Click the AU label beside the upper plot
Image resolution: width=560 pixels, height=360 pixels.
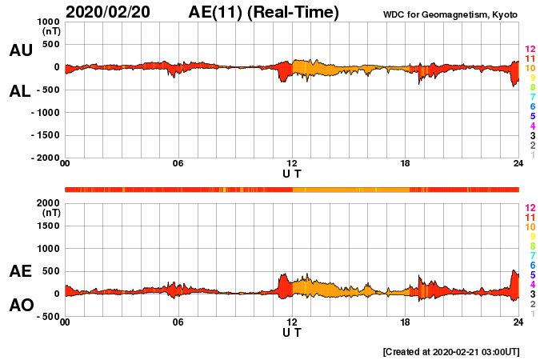(20, 50)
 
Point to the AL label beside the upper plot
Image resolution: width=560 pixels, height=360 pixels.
(20, 91)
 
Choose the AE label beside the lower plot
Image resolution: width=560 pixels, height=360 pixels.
(20, 271)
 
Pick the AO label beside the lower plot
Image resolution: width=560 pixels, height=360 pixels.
(20, 306)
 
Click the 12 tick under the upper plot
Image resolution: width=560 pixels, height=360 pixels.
(292, 164)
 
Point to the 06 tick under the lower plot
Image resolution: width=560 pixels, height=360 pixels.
(178, 322)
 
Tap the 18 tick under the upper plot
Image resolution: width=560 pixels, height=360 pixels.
(406, 164)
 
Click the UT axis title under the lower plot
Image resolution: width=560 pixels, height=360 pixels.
(292, 332)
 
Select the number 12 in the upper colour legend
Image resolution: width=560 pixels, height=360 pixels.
(530, 50)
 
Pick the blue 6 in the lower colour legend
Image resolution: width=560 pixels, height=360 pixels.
(531, 265)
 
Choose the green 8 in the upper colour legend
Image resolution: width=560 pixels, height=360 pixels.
(531, 87)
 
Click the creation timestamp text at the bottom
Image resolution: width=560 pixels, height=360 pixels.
(451, 351)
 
